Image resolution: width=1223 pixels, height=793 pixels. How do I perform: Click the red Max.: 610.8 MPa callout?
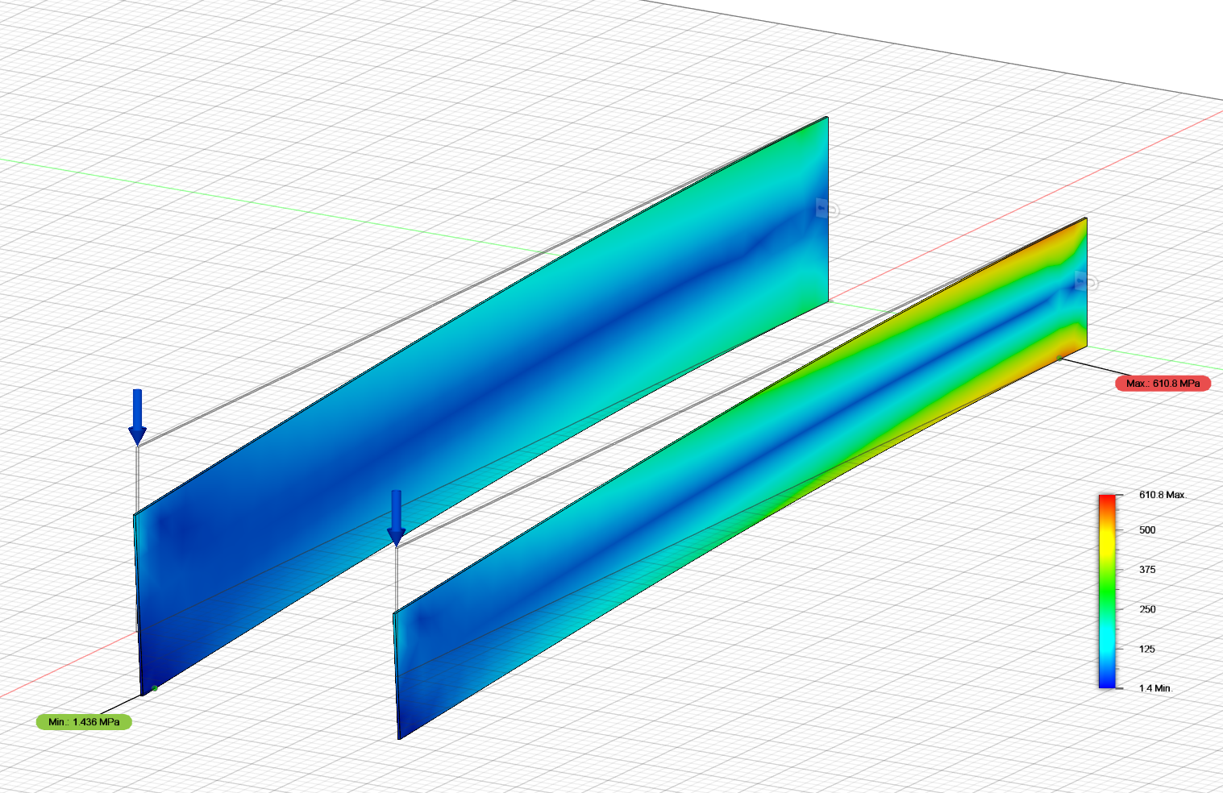[1163, 384]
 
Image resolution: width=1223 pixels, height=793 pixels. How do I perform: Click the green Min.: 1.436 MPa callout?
[84, 722]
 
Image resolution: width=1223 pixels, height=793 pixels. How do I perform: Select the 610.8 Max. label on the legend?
[1163, 495]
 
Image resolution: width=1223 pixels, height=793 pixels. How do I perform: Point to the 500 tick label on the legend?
[1147, 530]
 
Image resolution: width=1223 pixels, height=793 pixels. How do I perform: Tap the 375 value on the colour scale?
[1147, 570]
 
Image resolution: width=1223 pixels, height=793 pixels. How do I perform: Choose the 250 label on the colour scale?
[1147, 609]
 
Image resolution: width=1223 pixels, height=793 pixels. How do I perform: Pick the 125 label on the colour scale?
[1147, 649]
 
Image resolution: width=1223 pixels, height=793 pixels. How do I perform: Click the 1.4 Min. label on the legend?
[1155, 688]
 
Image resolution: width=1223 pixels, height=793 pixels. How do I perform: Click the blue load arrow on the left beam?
[138, 417]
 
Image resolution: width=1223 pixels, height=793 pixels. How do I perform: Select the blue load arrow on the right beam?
[397, 518]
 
